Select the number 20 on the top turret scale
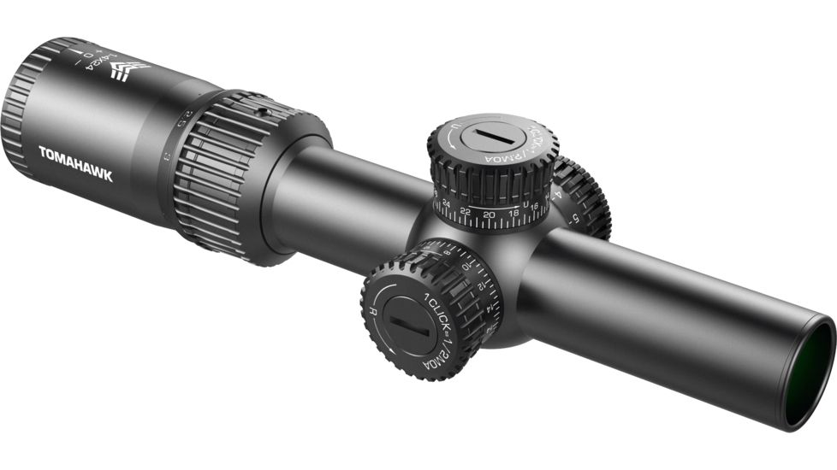click(x=489, y=214)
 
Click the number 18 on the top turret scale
click(x=513, y=214)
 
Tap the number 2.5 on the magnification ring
click(x=181, y=118)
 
